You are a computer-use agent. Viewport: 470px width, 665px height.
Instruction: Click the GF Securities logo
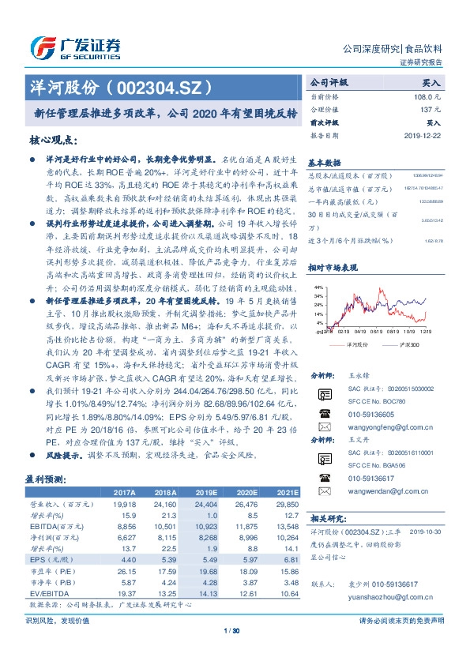[x=74, y=47]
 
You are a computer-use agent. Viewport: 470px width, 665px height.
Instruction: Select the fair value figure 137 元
[x=429, y=108]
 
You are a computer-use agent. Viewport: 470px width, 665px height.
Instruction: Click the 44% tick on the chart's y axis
[x=319, y=287]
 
